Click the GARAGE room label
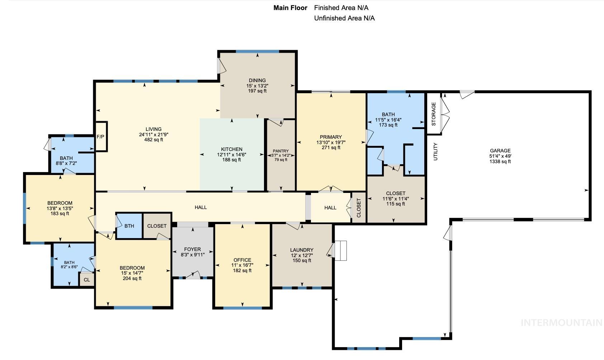500,151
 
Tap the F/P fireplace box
100,137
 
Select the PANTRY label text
280,151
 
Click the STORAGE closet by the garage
433,114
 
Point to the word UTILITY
435,151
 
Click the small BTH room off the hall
129,226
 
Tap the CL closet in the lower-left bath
87,280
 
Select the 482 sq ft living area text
154,140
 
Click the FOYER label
192,249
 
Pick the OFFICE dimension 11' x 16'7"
242,265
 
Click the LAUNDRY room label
302,250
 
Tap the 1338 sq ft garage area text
500,162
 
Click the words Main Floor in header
290,8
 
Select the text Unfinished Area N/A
344,18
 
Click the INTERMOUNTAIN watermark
561,323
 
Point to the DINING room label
257,80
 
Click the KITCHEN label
231,149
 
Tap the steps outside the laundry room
341,250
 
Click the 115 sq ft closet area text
396,204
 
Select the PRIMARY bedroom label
331,137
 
